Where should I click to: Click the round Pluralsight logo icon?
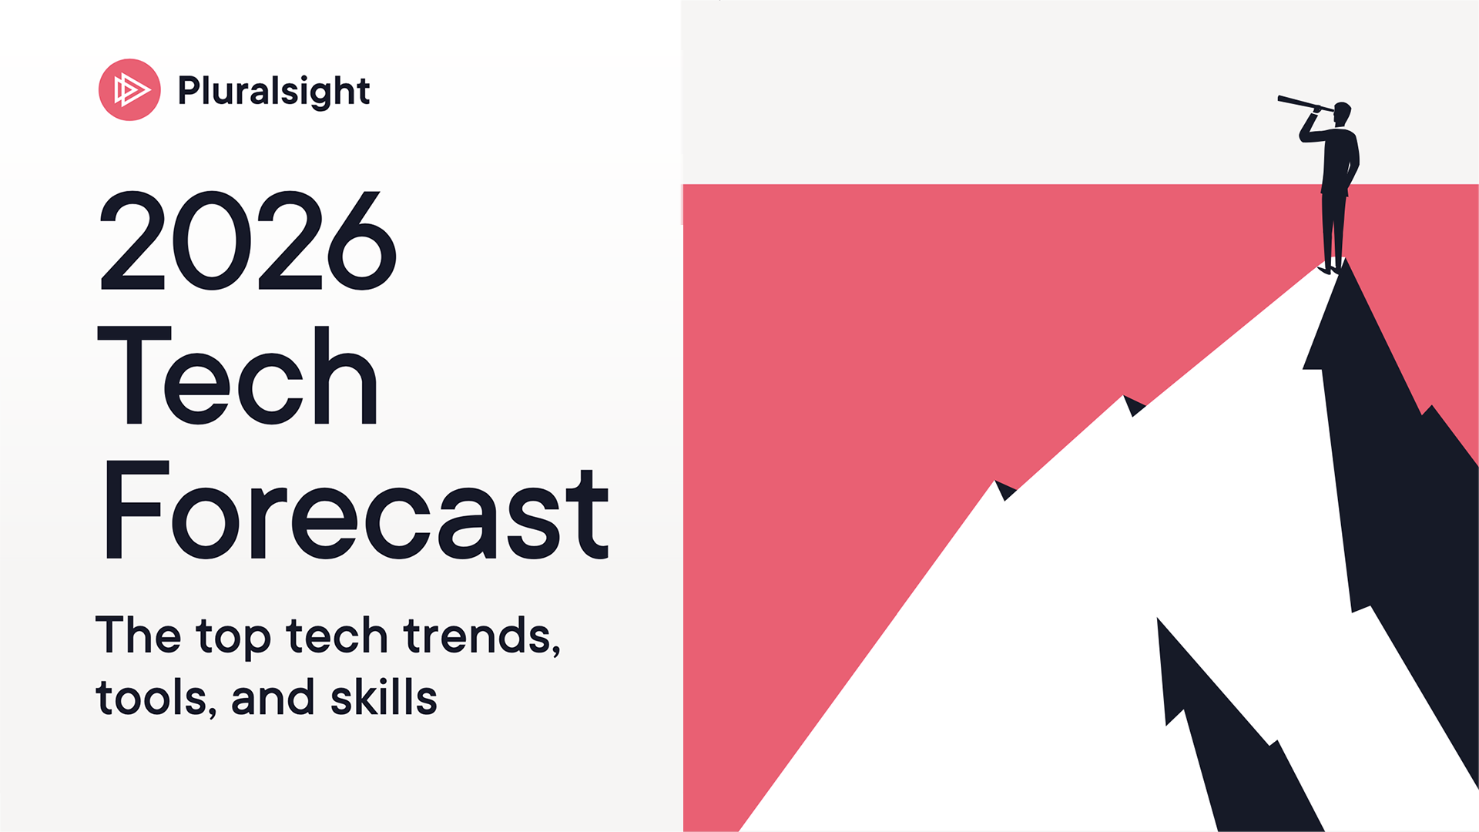[x=129, y=90]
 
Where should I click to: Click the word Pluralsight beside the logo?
[x=273, y=91]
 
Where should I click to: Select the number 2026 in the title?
[x=248, y=240]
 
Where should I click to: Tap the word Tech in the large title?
[x=238, y=375]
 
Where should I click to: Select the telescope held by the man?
[x=1305, y=103]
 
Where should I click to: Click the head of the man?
[x=1342, y=114]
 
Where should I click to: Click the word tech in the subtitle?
[x=337, y=636]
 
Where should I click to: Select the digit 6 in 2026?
[x=362, y=240]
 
